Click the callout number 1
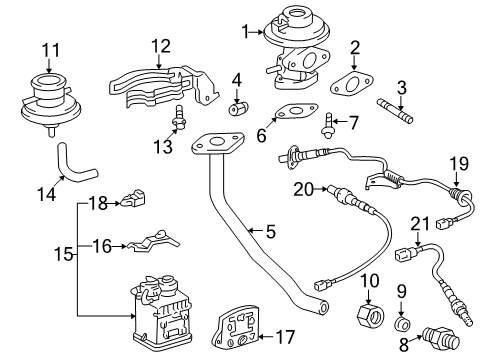(x=245, y=32)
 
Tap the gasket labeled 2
(x=351, y=84)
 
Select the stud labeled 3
(x=395, y=110)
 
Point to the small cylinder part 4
(x=239, y=108)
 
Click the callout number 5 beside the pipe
(x=271, y=231)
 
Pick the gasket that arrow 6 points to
(x=295, y=111)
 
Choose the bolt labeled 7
(x=328, y=126)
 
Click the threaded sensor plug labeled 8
(x=440, y=337)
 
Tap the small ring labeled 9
(x=403, y=324)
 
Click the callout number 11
(x=51, y=50)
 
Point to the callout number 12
(x=161, y=46)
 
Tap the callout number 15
(x=63, y=254)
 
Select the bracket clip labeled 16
(x=154, y=241)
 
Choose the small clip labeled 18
(x=134, y=198)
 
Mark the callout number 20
(x=304, y=190)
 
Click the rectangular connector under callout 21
(x=403, y=255)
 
